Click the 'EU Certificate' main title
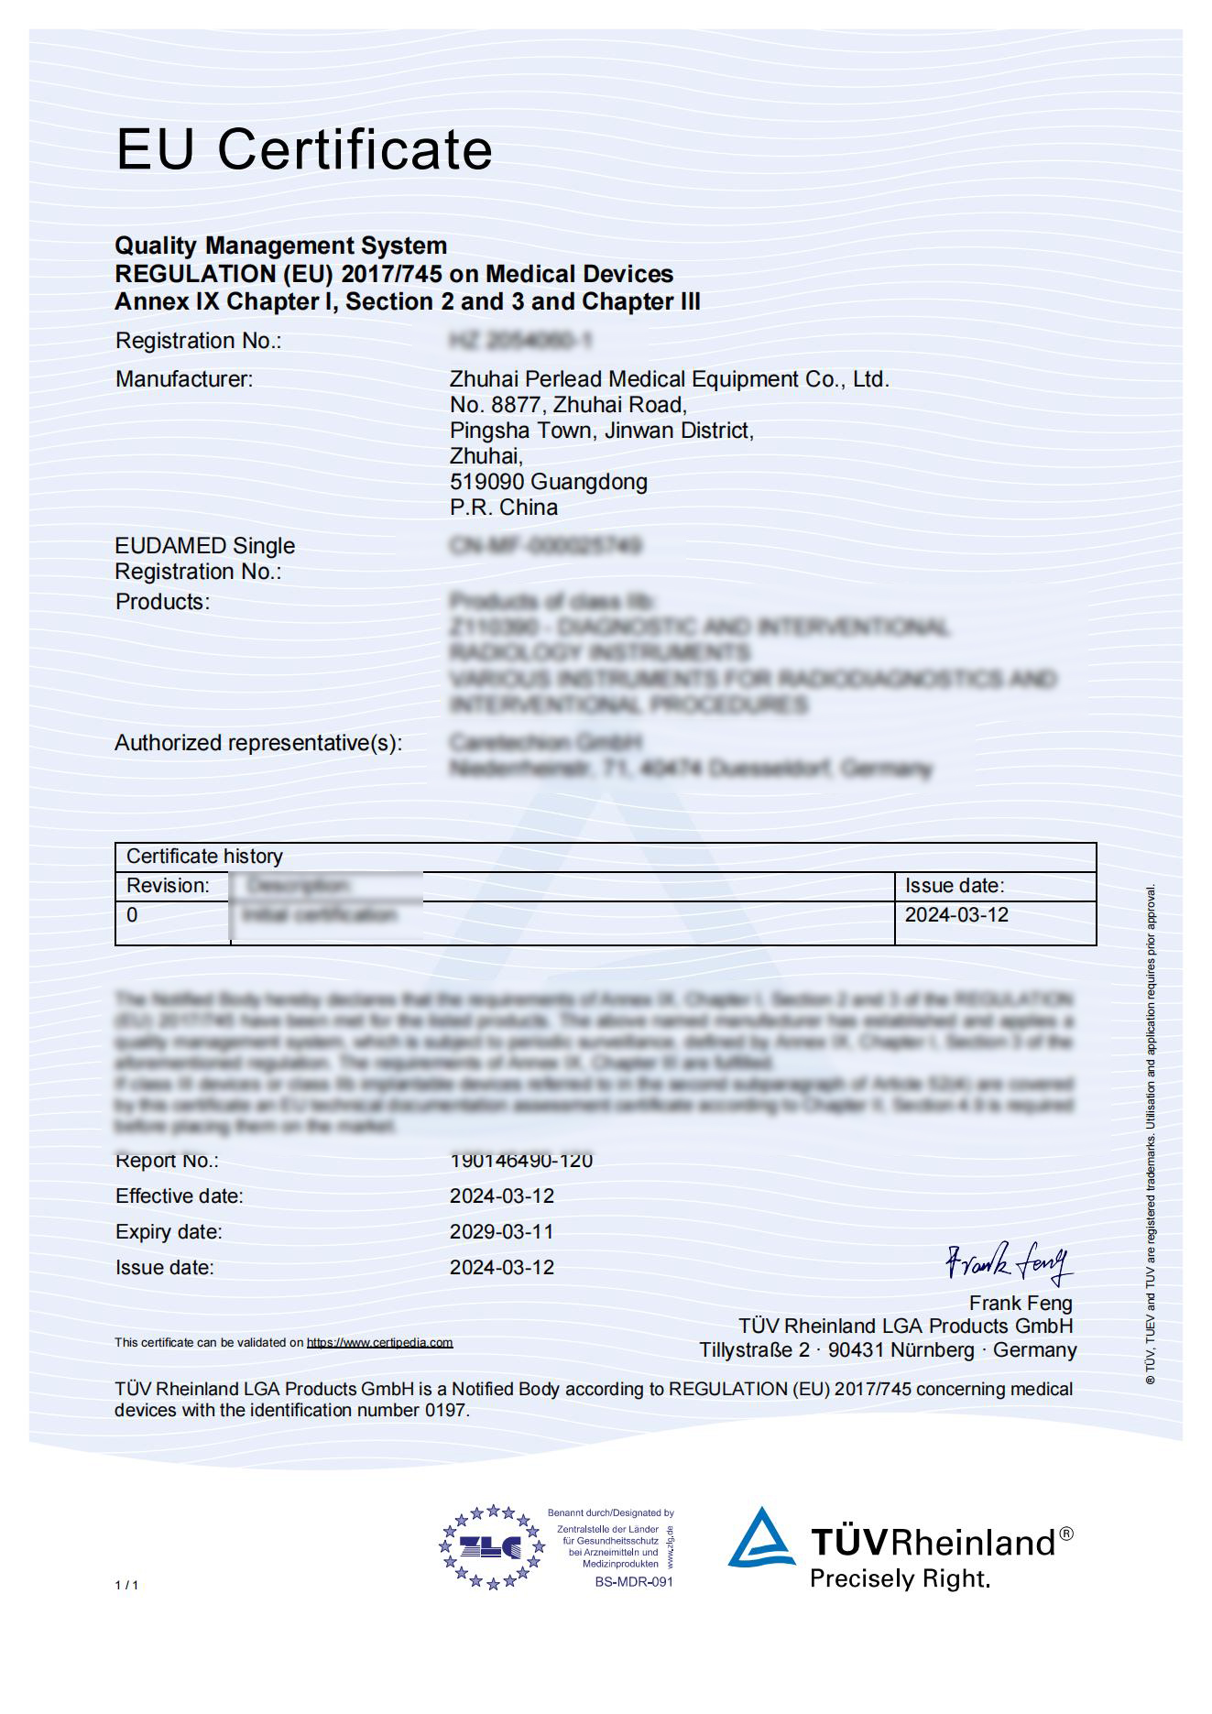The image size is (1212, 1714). [x=303, y=149]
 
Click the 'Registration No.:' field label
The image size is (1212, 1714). [x=198, y=341]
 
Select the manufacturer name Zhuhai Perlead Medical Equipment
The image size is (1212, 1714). [x=669, y=379]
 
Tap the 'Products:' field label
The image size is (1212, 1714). [x=162, y=602]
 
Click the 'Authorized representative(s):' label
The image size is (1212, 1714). [x=257, y=743]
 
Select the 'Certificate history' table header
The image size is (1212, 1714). [x=204, y=857]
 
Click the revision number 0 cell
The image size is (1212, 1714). [x=132, y=915]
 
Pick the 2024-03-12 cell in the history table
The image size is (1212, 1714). [x=956, y=915]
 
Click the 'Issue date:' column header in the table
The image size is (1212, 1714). [x=955, y=886]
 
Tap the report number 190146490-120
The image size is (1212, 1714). [x=520, y=1161]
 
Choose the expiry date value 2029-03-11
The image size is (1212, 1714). [x=501, y=1232]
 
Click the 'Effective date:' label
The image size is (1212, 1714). [x=180, y=1196]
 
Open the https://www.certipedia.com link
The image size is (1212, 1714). [x=379, y=1343]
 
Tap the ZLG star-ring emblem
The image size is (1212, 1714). [x=491, y=1547]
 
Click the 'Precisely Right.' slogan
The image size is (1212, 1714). [x=900, y=1579]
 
